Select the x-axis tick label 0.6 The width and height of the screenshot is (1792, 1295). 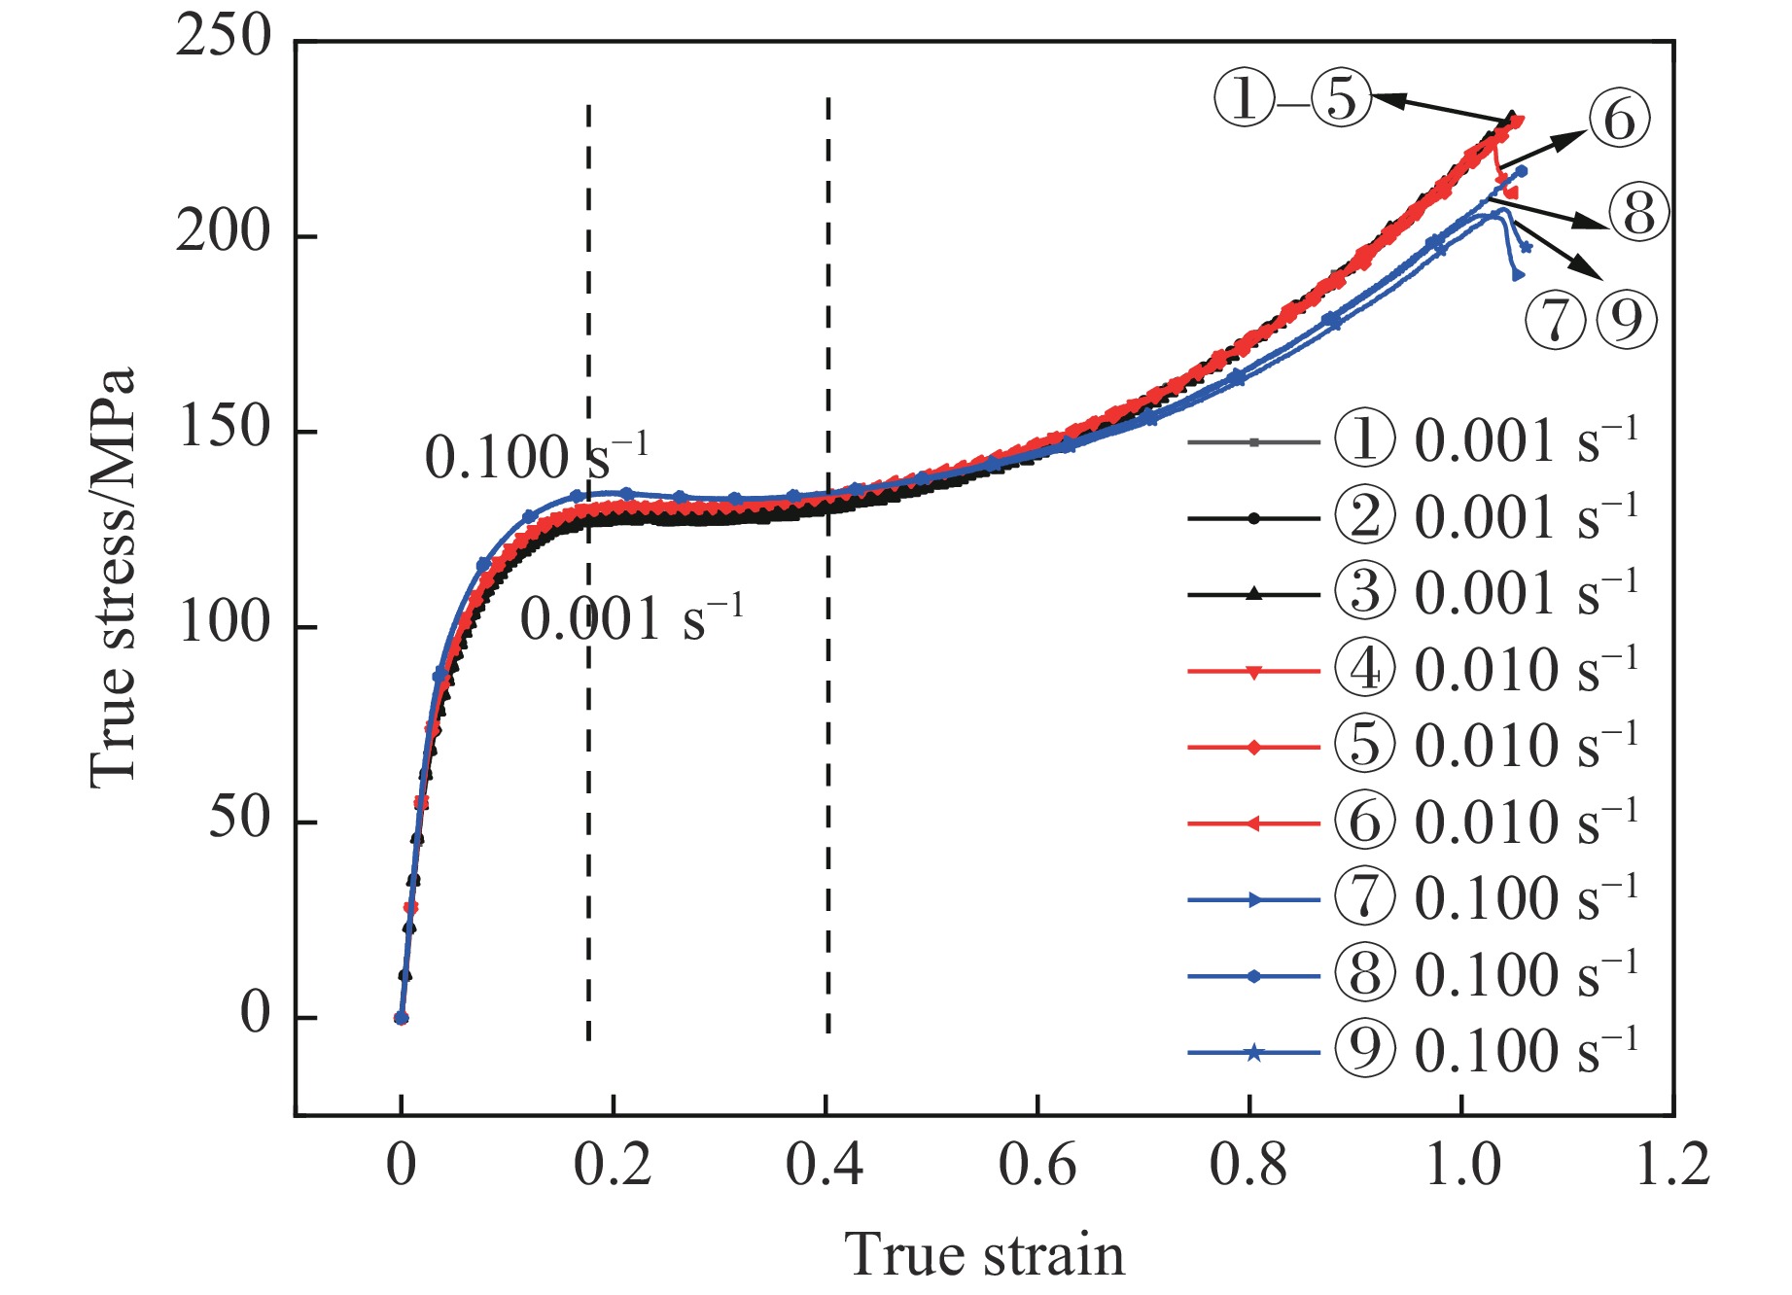pyautogui.click(x=1037, y=1165)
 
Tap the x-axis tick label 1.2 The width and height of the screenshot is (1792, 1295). pyautogui.click(x=1671, y=1165)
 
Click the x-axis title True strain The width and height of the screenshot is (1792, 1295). pyautogui.click(x=984, y=1254)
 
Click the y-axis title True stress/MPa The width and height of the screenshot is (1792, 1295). pyautogui.click(x=112, y=577)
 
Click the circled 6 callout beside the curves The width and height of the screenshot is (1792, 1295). pyautogui.click(x=1618, y=120)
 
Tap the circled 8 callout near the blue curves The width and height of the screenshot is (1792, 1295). pyautogui.click(x=1638, y=213)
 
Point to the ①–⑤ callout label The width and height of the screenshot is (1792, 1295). pyautogui.click(x=1292, y=98)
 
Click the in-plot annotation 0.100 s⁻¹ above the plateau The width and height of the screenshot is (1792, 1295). pyautogui.click(x=536, y=457)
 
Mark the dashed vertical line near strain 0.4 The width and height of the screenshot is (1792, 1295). pyautogui.click(x=827, y=564)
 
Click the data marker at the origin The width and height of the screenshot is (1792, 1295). pyautogui.click(x=401, y=1018)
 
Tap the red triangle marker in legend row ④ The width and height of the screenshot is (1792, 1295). pyautogui.click(x=1253, y=671)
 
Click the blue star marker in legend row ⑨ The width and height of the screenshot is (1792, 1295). pyautogui.click(x=1253, y=1053)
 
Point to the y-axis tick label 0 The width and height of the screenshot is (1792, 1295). pyautogui.click(x=255, y=1014)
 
